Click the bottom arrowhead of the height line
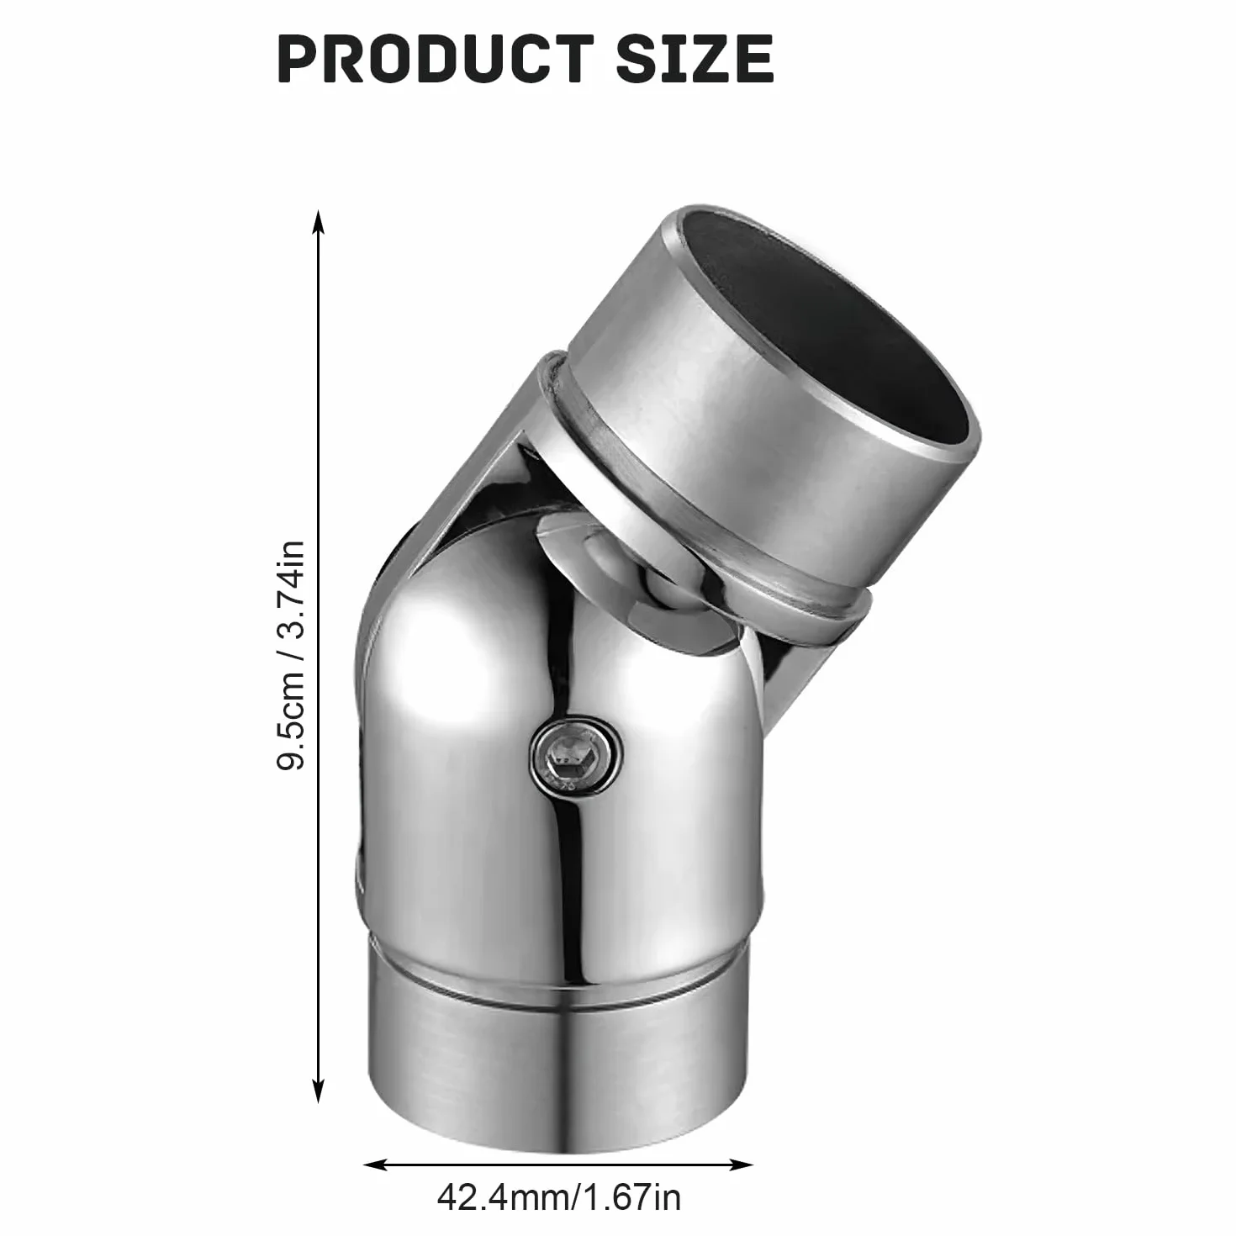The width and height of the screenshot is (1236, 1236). click(318, 1090)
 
